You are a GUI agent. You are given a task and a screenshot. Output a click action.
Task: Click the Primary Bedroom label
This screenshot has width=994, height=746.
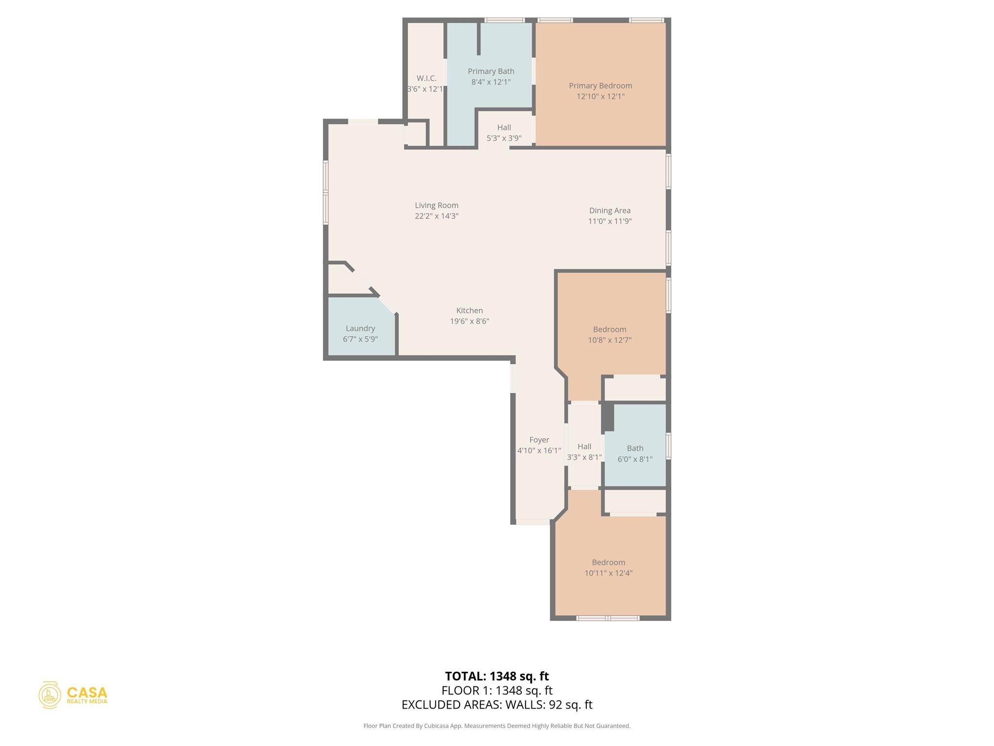600,86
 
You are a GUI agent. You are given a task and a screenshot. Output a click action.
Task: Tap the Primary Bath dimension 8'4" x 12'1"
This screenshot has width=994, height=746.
491,82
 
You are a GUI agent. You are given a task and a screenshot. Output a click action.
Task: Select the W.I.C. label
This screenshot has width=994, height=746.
426,78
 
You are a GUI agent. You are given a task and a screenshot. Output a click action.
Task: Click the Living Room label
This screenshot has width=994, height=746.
436,205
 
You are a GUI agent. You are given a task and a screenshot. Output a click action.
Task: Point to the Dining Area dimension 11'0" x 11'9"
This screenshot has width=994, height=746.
610,221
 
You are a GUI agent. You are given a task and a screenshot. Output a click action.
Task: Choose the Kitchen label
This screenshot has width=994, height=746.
469,310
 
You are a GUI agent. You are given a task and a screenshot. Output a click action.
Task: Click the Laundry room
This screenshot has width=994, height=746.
360,333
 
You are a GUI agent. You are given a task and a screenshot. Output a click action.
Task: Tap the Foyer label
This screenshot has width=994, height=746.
539,440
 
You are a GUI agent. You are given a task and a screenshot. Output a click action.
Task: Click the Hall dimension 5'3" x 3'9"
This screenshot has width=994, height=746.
504,138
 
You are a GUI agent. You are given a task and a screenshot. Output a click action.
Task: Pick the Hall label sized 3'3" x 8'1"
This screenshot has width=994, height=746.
584,446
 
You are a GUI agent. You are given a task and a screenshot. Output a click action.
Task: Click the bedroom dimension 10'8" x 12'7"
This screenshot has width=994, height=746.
610,340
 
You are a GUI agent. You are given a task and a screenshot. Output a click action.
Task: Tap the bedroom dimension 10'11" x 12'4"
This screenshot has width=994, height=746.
608,573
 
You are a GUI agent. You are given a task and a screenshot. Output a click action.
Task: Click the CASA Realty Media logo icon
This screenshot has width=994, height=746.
50,695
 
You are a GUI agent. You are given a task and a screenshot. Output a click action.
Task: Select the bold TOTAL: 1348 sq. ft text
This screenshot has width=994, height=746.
497,676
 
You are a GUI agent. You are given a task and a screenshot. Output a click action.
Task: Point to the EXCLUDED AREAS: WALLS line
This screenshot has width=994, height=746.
497,705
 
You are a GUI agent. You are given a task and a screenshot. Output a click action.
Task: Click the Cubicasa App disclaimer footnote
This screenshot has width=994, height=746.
497,726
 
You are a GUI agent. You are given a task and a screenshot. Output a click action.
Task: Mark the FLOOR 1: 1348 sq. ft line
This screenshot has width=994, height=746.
497,690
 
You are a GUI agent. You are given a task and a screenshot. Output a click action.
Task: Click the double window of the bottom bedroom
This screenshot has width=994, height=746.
608,618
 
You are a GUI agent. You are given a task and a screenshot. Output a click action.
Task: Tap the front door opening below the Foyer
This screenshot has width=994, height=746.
532,522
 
